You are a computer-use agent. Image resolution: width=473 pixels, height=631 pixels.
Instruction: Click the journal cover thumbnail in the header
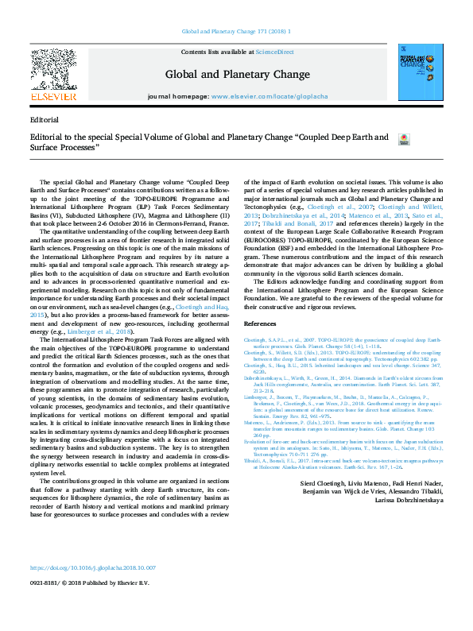[420, 74]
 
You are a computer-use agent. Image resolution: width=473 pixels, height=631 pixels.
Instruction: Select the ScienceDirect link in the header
[274, 51]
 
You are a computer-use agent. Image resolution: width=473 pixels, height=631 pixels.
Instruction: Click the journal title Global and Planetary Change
[237, 75]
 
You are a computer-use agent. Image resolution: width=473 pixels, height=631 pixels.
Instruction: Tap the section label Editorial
[42, 119]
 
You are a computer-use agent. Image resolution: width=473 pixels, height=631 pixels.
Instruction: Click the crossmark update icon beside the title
[403, 138]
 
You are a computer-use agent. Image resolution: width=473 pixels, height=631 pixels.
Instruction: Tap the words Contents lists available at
[218, 51]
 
